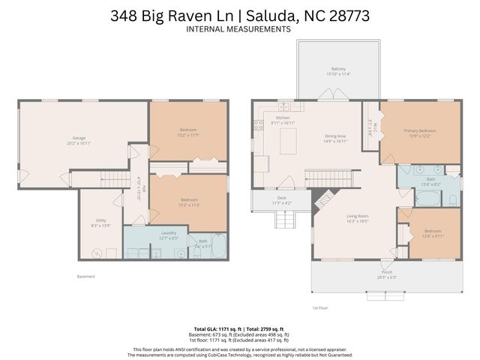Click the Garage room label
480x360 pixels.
tap(79, 138)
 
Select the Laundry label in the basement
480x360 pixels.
tap(169, 233)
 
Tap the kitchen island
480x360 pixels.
tap(288, 140)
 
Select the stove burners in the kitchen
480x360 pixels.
tap(258, 126)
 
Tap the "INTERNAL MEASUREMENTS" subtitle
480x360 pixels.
tap(239, 29)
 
